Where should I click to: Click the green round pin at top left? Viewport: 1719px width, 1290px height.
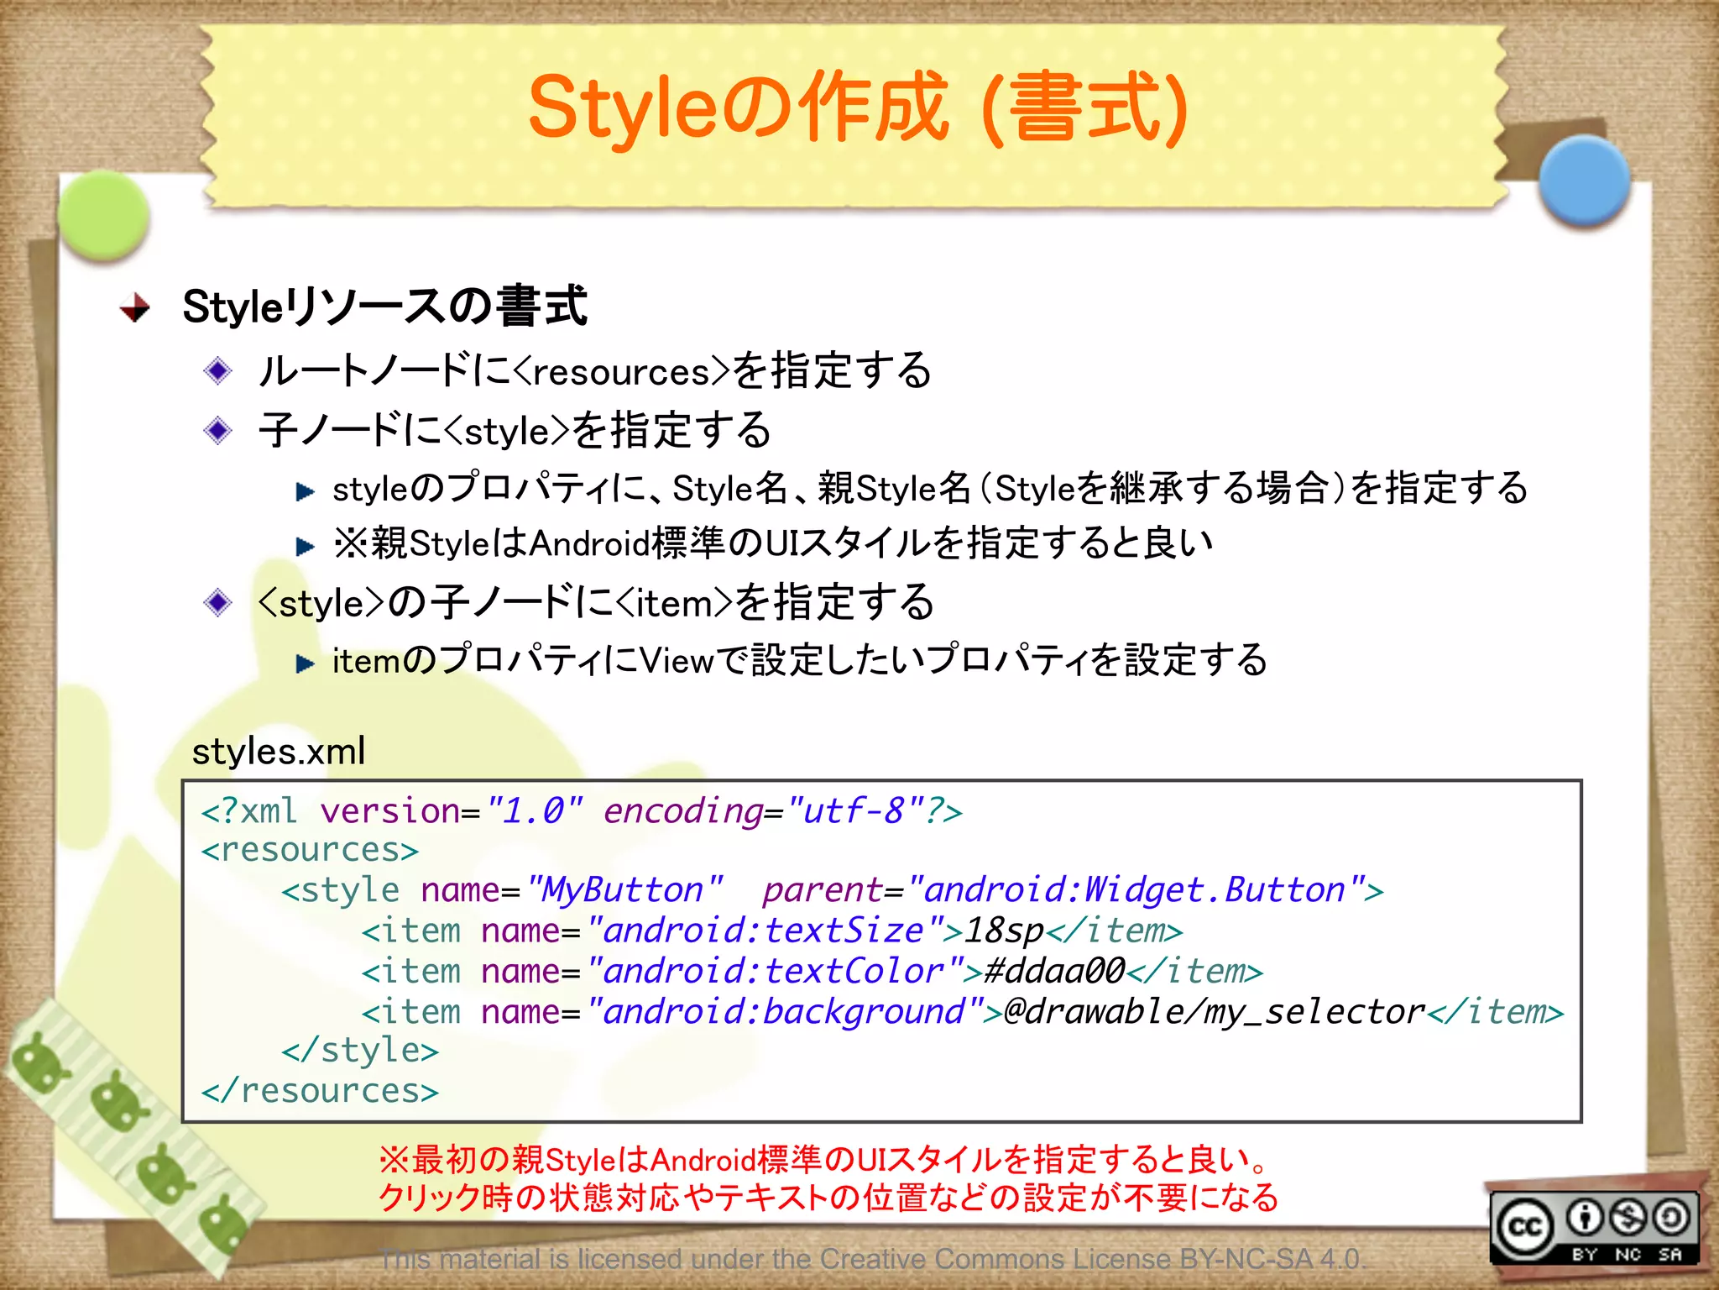pos(104,215)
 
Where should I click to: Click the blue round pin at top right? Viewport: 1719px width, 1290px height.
pos(1584,181)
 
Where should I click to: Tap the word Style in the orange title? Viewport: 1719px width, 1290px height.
pos(624,107)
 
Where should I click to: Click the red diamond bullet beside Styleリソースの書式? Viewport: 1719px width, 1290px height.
pos(134,307)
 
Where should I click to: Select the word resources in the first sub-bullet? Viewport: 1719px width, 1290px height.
pos(621,372)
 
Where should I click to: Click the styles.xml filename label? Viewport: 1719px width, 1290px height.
pos(279,751)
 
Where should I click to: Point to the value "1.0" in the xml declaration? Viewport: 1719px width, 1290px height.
pos(534,811)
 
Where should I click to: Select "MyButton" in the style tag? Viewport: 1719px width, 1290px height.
pos(623,890)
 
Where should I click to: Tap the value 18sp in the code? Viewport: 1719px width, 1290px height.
pos(1004,931)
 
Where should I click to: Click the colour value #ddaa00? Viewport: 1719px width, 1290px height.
pos(1054,972)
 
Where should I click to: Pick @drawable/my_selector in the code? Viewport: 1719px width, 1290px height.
pos(1214,1012)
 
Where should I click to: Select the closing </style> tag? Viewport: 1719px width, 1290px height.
pos(360,1051)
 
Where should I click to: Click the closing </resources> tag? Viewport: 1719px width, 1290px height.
pos(320,1091)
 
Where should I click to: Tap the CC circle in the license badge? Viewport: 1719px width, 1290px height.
pos(1524,1227)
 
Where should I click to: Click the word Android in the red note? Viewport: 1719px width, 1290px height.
pos(702,1161)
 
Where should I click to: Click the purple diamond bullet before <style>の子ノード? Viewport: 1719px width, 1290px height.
pos(218,602)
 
